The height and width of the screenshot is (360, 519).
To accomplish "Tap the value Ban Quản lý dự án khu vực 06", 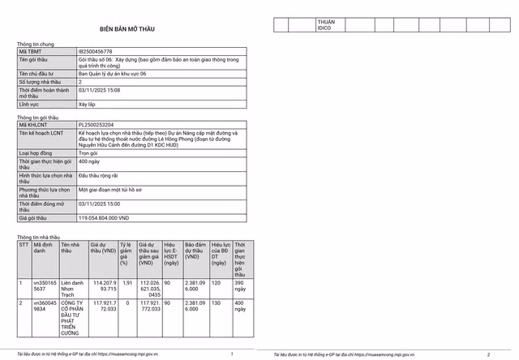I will coord(114,73).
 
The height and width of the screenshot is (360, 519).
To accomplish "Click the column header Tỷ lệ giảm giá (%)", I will coord(125,254).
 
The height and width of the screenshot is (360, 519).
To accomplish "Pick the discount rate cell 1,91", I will coord(125,283).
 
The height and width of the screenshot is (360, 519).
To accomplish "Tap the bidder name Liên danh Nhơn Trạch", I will coord(71,286).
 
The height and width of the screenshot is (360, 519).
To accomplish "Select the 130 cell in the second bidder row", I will coord(216,303).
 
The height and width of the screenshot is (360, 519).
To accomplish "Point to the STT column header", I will coord(24,242).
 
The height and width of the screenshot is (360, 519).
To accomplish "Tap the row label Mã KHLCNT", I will coord(34,124).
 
